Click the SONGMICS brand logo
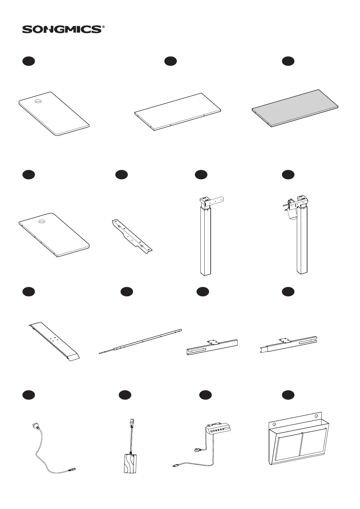62,29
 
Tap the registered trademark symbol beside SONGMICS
104,27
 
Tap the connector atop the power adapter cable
132,422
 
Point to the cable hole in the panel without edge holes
38,102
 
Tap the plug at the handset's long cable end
175,474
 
